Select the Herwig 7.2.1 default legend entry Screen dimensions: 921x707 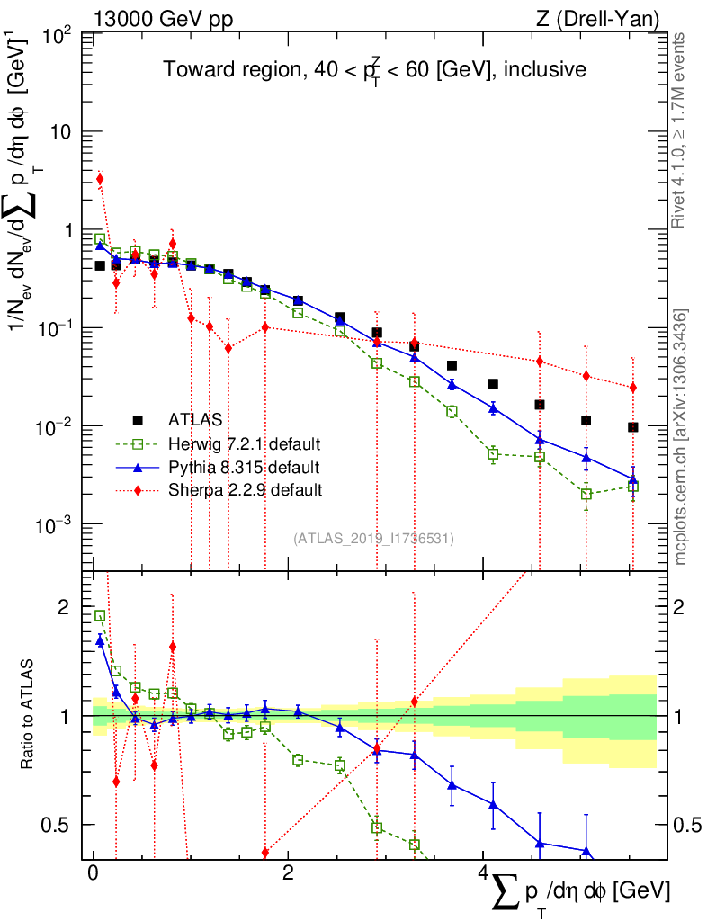click(x=244, y=443)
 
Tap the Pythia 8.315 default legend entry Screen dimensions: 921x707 click(x=244, y=467)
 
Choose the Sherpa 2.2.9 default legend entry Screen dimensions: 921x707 click(x=244, y=490)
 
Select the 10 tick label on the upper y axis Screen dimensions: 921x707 click(x=65, y=132)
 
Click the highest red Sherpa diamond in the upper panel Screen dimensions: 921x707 click(x=100, y=179)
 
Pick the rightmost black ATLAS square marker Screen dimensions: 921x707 click(x=632, y=427)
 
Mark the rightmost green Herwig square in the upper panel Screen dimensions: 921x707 click(x=632, y=487)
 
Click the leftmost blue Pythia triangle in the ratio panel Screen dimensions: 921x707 click(x=100, y=640)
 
